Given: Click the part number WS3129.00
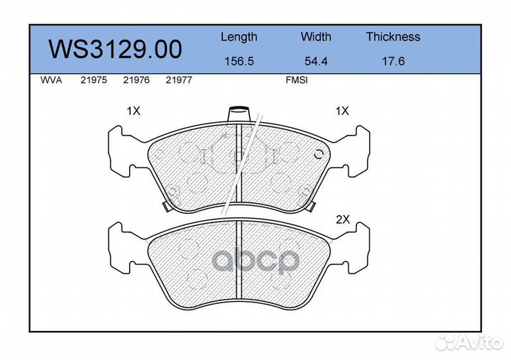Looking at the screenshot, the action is coord(116,49).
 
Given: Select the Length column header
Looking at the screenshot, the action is coord(239,37).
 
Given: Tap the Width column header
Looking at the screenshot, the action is coord(316,36).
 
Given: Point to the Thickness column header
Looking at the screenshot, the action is coord(393,36).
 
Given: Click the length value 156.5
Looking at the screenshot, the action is coord(239,61).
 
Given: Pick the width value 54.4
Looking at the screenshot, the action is coord(316,61).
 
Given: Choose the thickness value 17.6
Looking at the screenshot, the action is coord(393,61).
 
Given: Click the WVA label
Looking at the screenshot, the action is coord(51,80).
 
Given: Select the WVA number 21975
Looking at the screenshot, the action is coord(94,80).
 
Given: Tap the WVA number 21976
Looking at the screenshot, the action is coord(136,80).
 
